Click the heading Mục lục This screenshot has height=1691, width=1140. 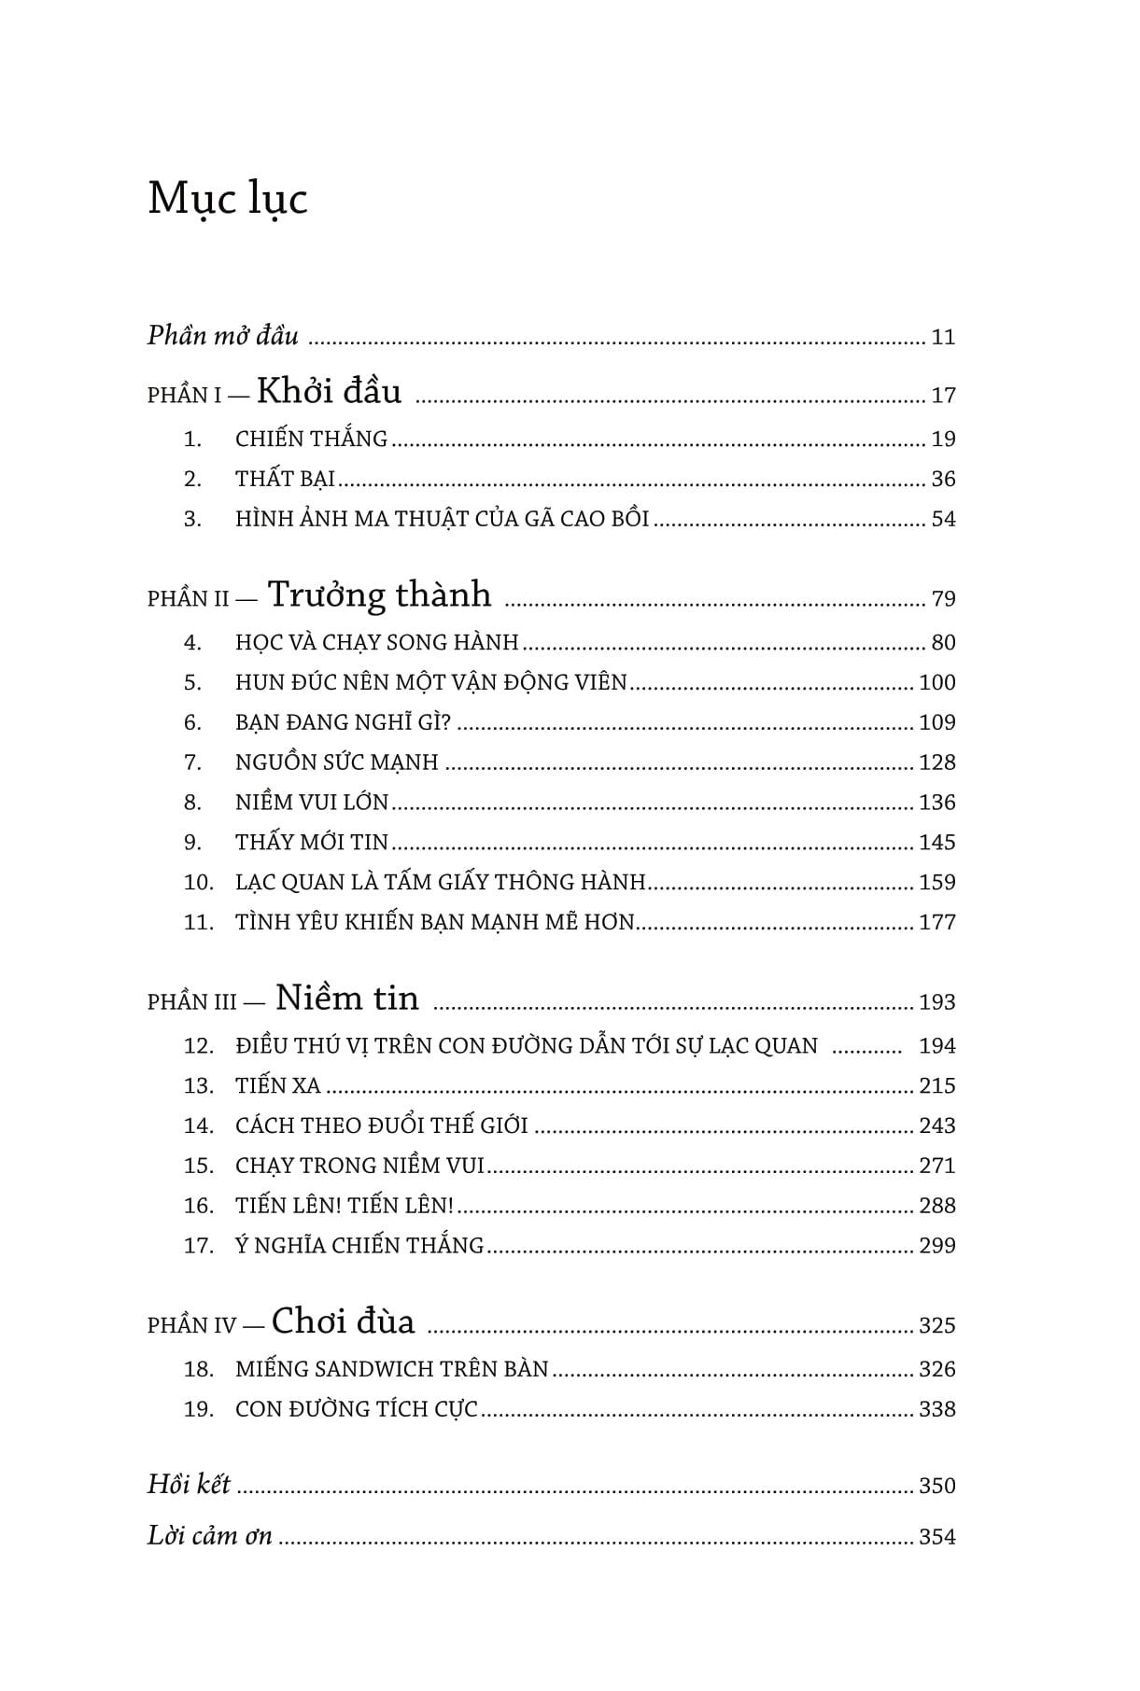pyautogui.click(x=228, y=200)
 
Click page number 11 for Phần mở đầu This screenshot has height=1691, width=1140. pyautogui.click(x=943, y=338)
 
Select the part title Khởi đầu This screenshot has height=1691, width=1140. pyautogui.click(x=329, y=391)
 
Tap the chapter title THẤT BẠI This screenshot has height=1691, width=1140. pyautogui.click(x=285, y=480)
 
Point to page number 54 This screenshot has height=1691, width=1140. pyautogui.click(x=943, y=520)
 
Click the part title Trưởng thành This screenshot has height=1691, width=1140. pyautogui.click(x=379, y=594)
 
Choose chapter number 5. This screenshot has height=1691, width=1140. pyautogui.click(x=192, y=683)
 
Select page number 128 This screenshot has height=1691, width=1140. pyautogui.click(x=936, y=763)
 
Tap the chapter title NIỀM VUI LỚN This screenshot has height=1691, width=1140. pyautogui.click(x=312, y=803)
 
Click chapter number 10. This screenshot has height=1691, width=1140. pyautogui.click(x=199, y=883)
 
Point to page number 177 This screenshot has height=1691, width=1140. pyautogui.click(x=936, y=923)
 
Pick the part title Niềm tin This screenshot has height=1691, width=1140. pyautogui.click(x=347, y=999)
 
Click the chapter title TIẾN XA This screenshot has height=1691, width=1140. pyautogui.click(x=277, y=1086)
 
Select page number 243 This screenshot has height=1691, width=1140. pyautogui.click(x=936, y=1126)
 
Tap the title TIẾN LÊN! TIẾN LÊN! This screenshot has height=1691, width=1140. pyautogui.click(x=344, y=1206)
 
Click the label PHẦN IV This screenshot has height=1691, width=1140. pyautogui.click(x=191, y=1326)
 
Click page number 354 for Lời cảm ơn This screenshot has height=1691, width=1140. pyautogui.click(x=936, y=1537)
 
